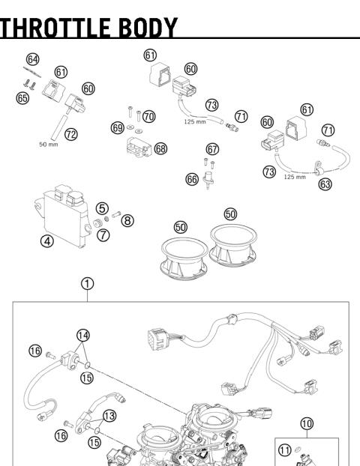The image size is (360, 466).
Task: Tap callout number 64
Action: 32,58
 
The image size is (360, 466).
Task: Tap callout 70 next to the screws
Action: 148,116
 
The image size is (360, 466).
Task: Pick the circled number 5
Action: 103,208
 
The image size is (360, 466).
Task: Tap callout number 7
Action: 103,235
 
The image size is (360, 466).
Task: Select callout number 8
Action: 127,220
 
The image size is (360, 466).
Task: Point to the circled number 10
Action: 307,423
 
